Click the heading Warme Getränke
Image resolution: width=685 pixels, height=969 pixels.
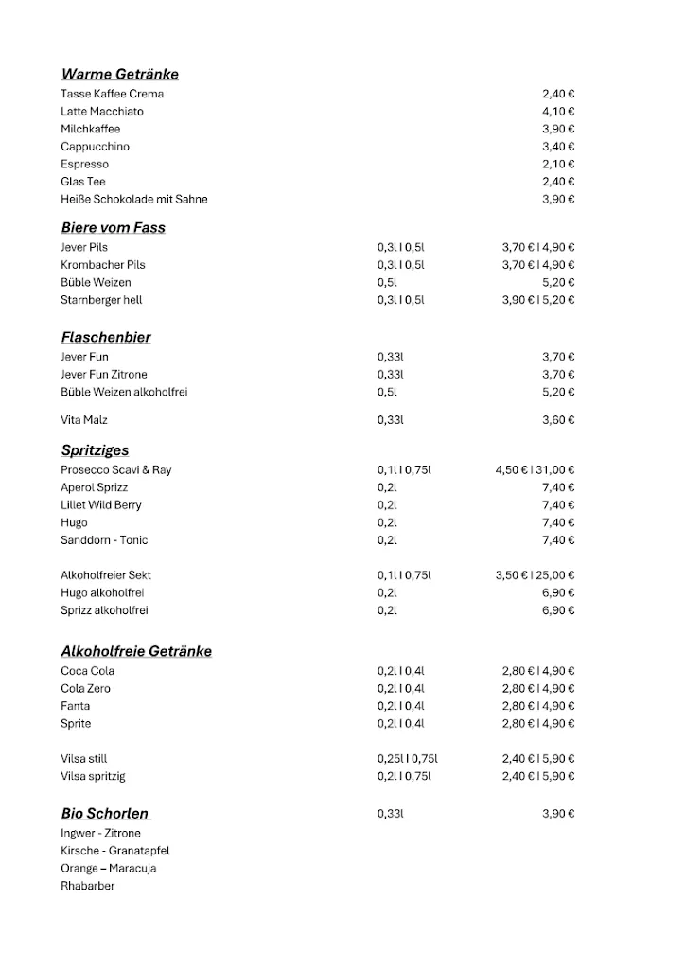click(x=119, y=74)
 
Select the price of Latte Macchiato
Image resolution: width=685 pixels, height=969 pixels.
click(x=558, y=112)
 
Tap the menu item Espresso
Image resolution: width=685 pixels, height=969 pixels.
click(x=84, y=164)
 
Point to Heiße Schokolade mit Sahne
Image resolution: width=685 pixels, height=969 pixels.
click(x=133, y=199)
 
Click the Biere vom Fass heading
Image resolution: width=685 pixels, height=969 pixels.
click(x=113, y=227)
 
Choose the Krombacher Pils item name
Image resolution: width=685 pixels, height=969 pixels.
click(x=102, y=265)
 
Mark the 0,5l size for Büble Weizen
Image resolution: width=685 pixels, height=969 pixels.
click(x=386, y=282)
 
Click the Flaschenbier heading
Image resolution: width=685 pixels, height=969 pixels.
click(x=105, y=337)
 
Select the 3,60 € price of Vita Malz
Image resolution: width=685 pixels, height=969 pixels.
click(x=558, y=419)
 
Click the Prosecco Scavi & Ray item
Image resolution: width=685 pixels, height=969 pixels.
click(x=115, y=469)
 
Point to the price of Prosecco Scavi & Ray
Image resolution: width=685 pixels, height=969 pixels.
click(x=535, y=469)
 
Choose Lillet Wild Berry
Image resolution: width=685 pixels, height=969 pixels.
click(x=100, y=505)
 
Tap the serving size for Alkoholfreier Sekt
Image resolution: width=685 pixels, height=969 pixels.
click(x=404, y=575)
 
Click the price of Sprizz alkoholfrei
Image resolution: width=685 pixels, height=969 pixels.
click(x=558, y=610)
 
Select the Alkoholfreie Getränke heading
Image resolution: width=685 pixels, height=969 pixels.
click(x=136, y=651)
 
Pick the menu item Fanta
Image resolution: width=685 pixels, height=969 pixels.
click(x=75, y=706)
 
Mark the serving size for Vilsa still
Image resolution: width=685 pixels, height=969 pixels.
click(x=407, y=759)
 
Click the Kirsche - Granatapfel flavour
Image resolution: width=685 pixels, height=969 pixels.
click(x=114, y=851)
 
